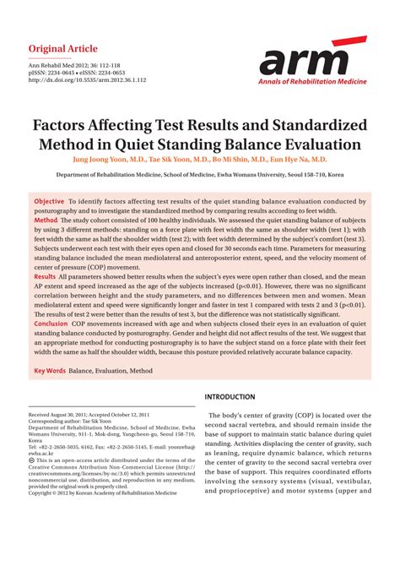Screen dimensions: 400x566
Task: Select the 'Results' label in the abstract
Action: tap(46, 277)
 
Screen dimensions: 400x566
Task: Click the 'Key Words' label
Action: tap(50, 371)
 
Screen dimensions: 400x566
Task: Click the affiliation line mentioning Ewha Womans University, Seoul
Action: tap(200, 175)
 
